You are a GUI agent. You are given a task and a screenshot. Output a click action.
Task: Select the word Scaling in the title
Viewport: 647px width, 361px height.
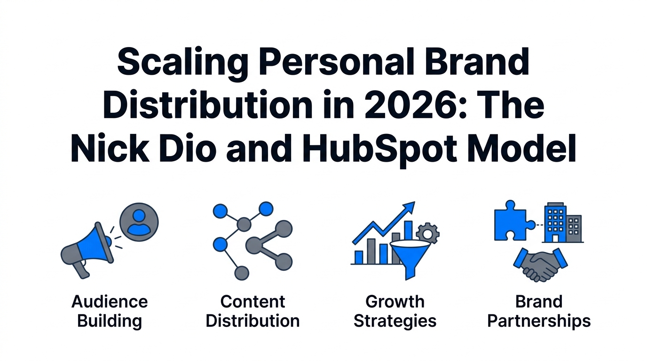(182, 63)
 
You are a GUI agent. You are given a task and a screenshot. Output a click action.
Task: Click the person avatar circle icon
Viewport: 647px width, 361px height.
(139, 222)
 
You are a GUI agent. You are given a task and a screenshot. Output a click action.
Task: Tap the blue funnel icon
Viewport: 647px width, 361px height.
(410, 259)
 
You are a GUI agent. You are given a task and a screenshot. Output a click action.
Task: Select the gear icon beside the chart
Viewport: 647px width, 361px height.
(428, 233)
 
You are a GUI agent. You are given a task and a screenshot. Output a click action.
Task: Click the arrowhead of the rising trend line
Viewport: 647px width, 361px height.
(408, 207)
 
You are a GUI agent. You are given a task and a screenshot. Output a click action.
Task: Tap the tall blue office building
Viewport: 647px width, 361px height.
(555, 222)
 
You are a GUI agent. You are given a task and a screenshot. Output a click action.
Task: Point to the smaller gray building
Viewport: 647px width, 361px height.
(574, 229)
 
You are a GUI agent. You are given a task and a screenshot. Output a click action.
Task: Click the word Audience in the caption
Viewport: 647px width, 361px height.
(110, 301)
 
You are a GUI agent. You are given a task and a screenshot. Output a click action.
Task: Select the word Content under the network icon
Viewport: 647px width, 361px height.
(253, 301)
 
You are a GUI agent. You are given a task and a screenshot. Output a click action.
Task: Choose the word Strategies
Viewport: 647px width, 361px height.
(395, 321)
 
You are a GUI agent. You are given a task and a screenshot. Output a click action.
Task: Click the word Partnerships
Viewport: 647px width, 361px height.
(539, 321)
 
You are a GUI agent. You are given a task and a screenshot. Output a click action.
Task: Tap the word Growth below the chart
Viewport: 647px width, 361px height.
(395, 301)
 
